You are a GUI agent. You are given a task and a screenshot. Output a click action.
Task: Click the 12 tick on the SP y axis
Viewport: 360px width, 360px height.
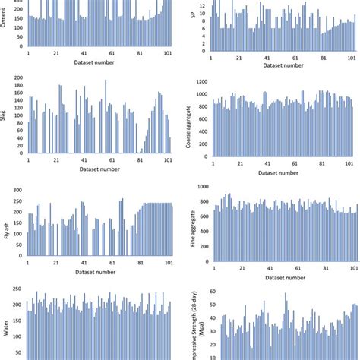click(x=204, y=5)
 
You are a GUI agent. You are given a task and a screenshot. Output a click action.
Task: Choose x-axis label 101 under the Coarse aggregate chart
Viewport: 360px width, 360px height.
click(x=352, y=163)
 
